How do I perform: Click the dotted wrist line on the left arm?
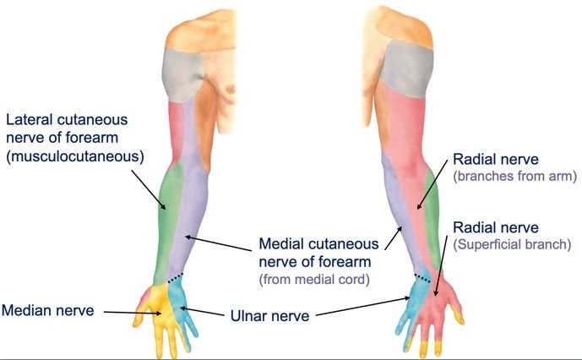pos(175,276)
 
